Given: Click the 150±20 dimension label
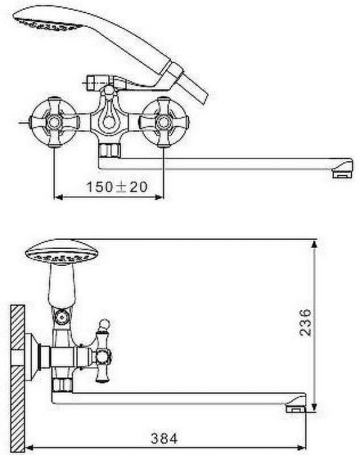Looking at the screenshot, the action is tap(117, 187).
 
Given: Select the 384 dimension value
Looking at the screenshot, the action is tap(164, 439).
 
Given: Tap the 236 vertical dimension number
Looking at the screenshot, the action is tap(305, 322).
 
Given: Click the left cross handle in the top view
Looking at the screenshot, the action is tap(54, 122).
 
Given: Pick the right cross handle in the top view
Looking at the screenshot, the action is tap(164, 122).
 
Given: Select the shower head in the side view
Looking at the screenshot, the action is tap(62, 252).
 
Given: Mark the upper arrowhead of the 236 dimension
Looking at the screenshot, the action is tap(314, 244).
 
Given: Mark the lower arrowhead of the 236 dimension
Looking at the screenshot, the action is tap(314, 407).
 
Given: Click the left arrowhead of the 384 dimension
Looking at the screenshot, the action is tap(31, 447).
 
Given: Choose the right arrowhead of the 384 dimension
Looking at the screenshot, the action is tap(301, 447).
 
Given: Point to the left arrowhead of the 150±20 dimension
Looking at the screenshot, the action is tap(59, 198).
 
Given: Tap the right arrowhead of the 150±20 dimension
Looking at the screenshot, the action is tap(159, 198).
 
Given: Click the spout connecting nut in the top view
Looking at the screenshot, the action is tap(110, 151).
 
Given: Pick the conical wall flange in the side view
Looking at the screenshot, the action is tap(32, 357).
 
